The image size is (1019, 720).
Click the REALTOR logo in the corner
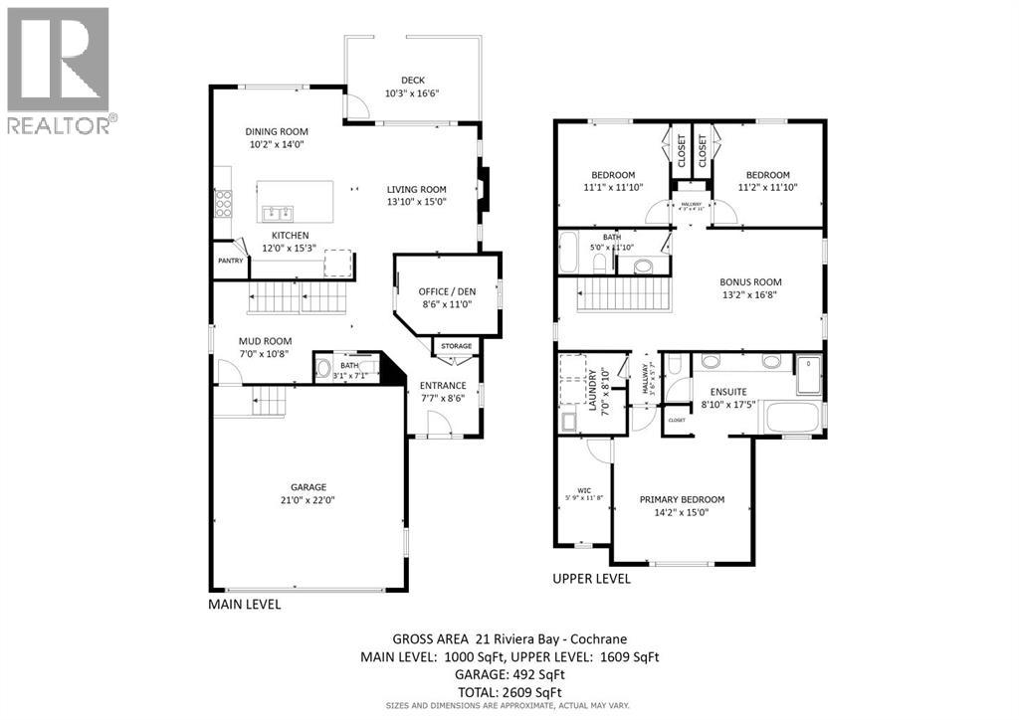[x=59, y=70]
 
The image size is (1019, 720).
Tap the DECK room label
[x=412, y=81]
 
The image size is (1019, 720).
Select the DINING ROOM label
[x=277, y=131]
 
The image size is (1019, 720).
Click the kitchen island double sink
[x=276, y=212]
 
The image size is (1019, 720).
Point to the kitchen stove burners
[x=224, y=204]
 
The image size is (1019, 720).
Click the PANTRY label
[x=230, y=262]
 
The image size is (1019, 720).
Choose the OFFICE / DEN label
[x=446, y=291]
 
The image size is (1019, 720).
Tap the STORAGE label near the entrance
[x=457, y=346]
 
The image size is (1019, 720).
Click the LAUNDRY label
[x=591, y=391]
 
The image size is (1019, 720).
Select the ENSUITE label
[x=728, y=392]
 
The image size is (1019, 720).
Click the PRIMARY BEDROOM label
[x=682, y=499]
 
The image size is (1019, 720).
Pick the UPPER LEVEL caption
[x=591, y=579]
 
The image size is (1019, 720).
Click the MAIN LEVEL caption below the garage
[x=244, y=604]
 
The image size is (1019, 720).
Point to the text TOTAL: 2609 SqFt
[x=509, y=692]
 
